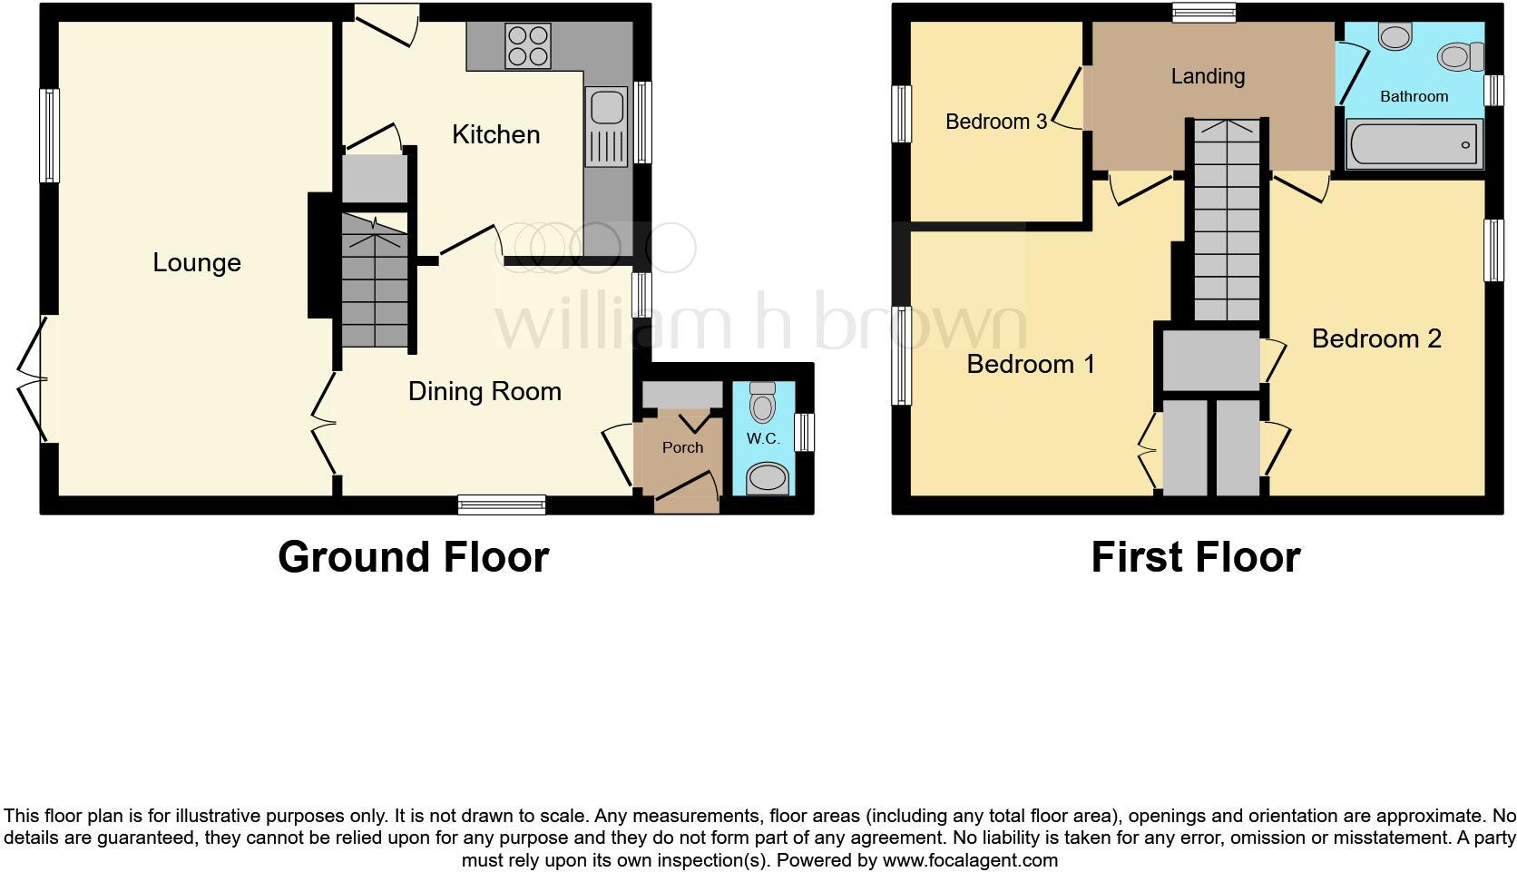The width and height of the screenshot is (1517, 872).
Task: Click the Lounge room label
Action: click(196, 263)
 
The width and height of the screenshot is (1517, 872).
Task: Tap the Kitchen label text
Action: click(495, 134)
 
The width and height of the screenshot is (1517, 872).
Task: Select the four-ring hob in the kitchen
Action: click(527, 46)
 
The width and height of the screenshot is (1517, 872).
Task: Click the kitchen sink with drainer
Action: click(607, 127)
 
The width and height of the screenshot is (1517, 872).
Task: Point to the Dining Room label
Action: click(484, 392)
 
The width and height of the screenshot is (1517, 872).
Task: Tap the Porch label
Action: click(682, 448)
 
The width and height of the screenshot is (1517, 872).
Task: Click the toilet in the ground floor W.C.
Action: click(762, 403)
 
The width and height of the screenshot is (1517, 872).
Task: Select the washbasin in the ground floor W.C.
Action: click(768, 479)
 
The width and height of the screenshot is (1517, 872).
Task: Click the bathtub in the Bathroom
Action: click(1414, 144)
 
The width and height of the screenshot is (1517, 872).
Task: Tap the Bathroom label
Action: click(1414, 97)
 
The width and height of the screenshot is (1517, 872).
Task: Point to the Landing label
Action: click(1209, 76)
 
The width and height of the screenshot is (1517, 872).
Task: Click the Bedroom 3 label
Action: click(996, 122)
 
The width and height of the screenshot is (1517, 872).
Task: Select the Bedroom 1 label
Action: click(1031, 365)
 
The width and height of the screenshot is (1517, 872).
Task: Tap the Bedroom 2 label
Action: click(1376, 338)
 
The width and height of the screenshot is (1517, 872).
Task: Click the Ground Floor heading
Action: click(413, 558)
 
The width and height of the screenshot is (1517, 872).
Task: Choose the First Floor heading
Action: click(1196, 558)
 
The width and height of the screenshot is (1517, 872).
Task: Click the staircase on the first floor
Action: click(1227, 220)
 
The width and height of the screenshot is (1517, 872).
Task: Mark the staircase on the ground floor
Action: click(375, 280)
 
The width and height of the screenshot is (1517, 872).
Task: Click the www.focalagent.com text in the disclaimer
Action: click(970, 860)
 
